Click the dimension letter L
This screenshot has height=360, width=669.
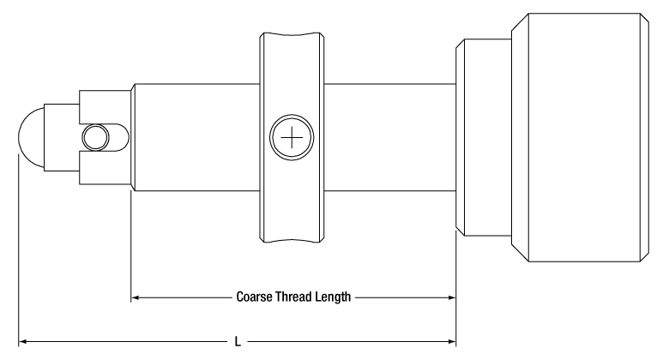[x=238, y=341]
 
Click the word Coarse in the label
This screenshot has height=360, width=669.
[x=250, y=297]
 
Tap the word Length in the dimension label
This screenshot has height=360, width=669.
[x=334, y=297]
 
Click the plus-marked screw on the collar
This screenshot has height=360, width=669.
[x=292, y=137]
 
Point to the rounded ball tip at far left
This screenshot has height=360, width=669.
[x=31, y=137]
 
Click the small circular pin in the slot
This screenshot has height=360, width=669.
[x=95, y=137]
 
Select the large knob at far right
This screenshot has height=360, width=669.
[x=581, y=137]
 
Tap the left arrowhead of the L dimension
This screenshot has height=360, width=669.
[x=23, y=341]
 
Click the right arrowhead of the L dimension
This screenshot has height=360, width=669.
[x=452, y=341]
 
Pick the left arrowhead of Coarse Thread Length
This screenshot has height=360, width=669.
[x=136, y=297]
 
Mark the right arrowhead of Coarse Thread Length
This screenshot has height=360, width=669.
[x=452, y=297]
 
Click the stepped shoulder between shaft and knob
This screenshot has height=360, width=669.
[x=484, y=137]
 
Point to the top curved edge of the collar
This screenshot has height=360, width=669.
[x=292, y=34]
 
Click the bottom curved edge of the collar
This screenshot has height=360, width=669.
[x=292, y=241]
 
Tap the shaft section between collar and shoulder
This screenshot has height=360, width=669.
[x=390, y=137]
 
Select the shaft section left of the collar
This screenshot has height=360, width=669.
[x=196, y=137]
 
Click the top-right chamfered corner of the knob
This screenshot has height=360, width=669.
[x=645, y=17]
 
